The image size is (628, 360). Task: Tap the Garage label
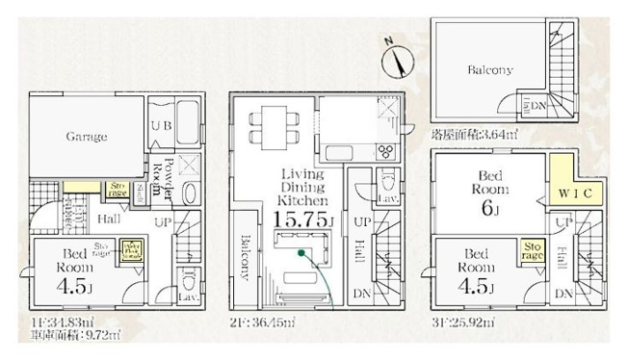point(87,137)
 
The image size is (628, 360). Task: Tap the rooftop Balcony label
point(490,70)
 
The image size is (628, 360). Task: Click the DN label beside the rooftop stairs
point(538,107)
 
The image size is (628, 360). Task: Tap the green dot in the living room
point(301,254)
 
